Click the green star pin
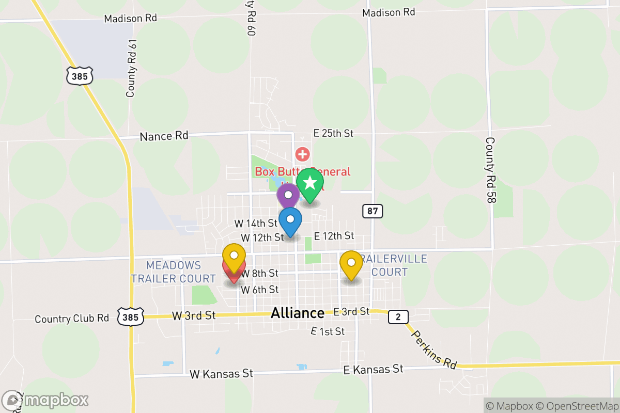coord(310,184)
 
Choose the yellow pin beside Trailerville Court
coord(351,264)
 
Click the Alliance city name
coord(298,313)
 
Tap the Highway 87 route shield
coord(372,211)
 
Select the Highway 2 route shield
coord(398,316)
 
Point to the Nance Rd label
coord(164,136)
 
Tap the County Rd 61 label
coord(131,67)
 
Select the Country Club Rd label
coord(72,319)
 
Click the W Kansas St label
coord(221,373)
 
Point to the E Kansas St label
coord(373,369)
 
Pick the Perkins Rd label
coord(434,350)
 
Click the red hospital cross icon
coord(302,154)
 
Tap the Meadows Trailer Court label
coord(173,272)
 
